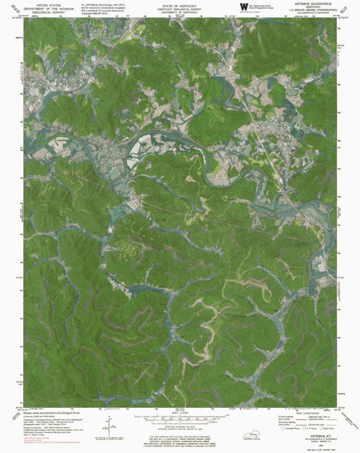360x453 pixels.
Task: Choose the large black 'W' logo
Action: pyautogui.click(x=244, y=7)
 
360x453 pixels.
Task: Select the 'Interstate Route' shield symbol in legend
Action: pyautogui.click(x=284, y=428)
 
